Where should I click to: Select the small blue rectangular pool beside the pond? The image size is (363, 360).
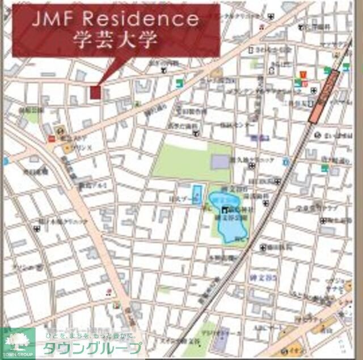(x=197, y=196)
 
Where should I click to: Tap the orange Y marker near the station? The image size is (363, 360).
(x=302, y=74)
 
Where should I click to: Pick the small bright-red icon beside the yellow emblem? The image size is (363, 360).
(x=52, y=138)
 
